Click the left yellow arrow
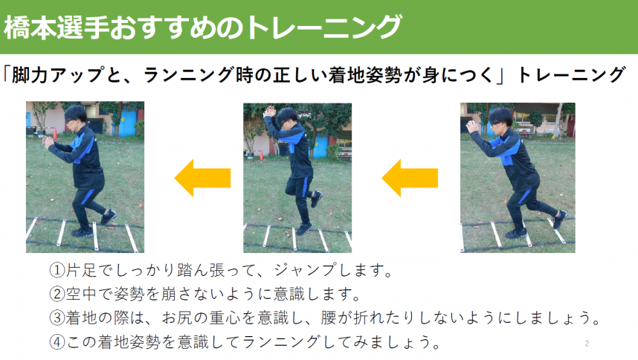point(202,178)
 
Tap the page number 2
point(587,344)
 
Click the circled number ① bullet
point(57,269)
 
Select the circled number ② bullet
point(57,292)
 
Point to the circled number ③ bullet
point(57,317)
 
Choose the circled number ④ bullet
point(57,342)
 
